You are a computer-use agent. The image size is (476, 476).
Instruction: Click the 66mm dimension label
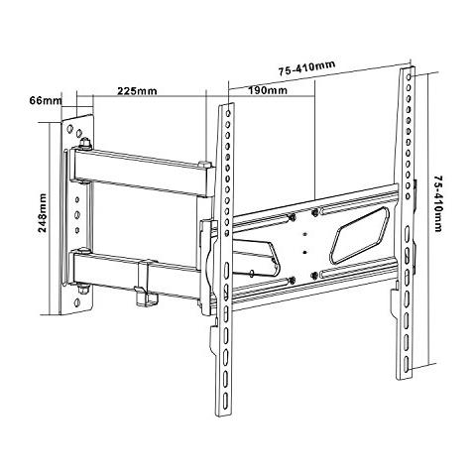pyautogui.click(x=46, y=100)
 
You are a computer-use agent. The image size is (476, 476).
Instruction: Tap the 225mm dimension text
pyautogui.click(x=137, y=90)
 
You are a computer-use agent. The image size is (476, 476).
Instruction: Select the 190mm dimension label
pyautogui.click(x=268, y=90)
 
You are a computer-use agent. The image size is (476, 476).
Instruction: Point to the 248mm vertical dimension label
pyautogui.click(x=43, y=213)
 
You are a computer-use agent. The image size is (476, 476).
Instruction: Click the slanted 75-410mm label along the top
pyautogui.click(x=306, y=67)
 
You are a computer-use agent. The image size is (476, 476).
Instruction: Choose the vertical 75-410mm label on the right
pyautogui.click(x=438, y=203)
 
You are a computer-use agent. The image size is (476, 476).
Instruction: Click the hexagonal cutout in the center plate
pyautogui.click(x=360, y=235)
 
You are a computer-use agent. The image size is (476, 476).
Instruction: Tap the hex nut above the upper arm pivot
pyautogui.click(x=85, y=143)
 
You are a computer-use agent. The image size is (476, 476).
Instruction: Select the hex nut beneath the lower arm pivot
pyautogui.click(x=81, y=290)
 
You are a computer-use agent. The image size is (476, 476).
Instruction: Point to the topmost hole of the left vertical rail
pyautogui.click(x=228, y=114)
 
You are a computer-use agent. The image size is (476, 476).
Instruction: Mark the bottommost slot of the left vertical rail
pyautogui.click(x=225, y=401)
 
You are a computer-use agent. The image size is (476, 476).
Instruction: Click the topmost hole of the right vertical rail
pyautogui.click(x=409, y=76)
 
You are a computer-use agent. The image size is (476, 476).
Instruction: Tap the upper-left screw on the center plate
pyautogui.click(x=292, y=217)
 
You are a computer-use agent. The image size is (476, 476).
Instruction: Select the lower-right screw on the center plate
pyautogui.click(x=314, y=274)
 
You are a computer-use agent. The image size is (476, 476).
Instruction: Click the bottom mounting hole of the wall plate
pyautogui.click(x=77, y=301)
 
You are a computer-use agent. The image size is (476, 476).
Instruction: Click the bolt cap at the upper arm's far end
pyautogui.click(x=205, y=164)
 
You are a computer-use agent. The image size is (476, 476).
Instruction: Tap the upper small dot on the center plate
pyautogui.click(x=304, y=235)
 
